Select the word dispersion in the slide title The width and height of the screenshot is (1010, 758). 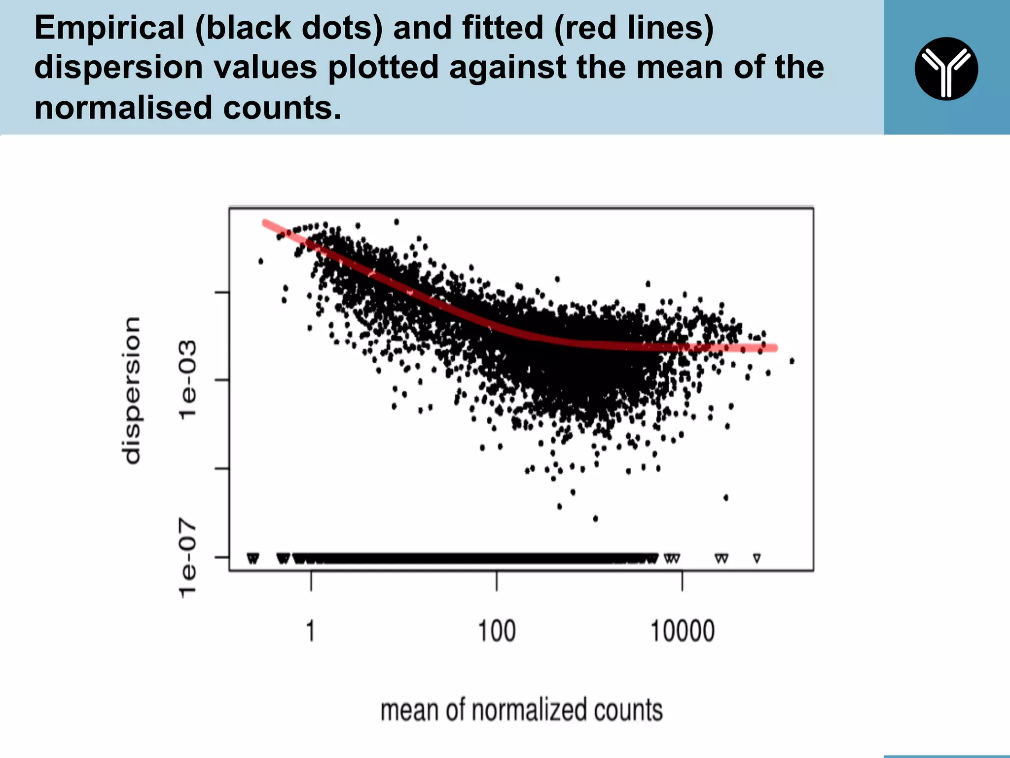(x=118, y=68)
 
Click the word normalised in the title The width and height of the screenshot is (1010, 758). (x=123, y=108)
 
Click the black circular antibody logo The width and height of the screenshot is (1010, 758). (x=946, y=69)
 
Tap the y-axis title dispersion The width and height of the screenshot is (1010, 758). (x=131, y=390)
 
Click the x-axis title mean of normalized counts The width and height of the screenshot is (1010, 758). (x=521, y=710)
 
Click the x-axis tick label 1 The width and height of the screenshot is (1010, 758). (x=310, y=631)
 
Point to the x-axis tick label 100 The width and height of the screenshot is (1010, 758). (x=497, y=631)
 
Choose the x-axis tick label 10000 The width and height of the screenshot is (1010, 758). (x=683, y=631)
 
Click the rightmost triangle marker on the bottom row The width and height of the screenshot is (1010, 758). (x=757, y=558)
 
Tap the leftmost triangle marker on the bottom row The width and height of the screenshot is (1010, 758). (x=252, y=558)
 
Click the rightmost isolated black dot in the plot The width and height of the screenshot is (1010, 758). (x=792, y=361)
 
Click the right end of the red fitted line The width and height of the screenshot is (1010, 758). (x=775, y=348)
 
